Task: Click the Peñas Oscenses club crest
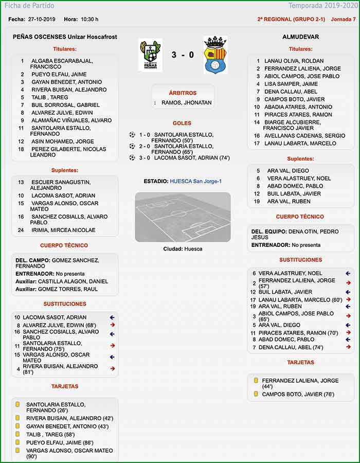click(x=150, y=55)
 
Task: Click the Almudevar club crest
click(x=215, y=55)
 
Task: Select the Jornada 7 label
click(x=343, y=19)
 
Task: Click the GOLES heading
click(x=182, y=123)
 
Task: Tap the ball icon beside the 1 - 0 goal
click(x=132, y=135)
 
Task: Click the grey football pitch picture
click(x=183, y=217)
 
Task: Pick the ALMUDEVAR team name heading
click(x=301, y=37)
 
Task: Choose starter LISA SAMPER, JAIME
click(x=291, y=84)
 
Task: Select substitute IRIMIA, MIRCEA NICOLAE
click(x=63, y=230)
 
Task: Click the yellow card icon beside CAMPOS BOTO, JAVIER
click(x=256, y=394)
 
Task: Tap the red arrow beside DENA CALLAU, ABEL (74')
click(x=348, y=347)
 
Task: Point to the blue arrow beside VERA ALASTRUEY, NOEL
click(x=348, y=273)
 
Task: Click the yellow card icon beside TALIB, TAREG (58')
click(x=17, y=434)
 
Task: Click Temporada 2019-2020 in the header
click(x=322, y=6)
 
